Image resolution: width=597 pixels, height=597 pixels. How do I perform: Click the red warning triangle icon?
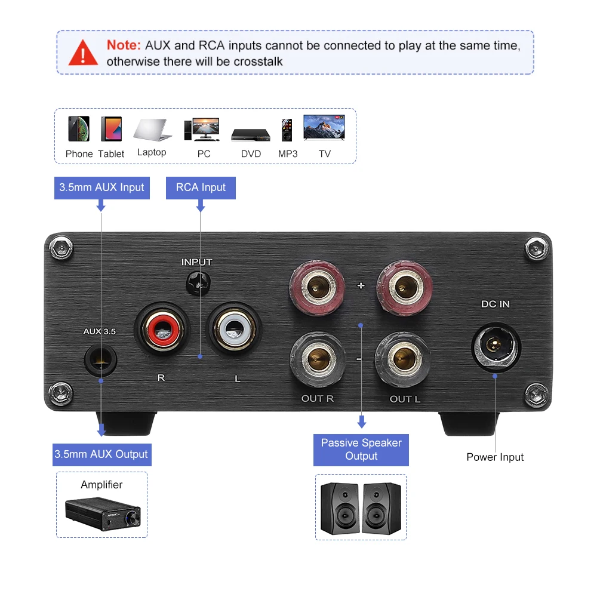coord(83,53)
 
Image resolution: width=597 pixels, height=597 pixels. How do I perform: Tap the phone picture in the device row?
coord(79,128)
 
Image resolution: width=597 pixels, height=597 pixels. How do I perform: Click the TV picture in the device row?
coord(324,128)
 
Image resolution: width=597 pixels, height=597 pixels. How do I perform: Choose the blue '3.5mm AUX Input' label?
coord(101,187)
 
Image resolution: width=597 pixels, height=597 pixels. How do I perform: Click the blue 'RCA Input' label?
coord(201,187)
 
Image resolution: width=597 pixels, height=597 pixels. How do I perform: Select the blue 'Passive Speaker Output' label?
coord(361,450)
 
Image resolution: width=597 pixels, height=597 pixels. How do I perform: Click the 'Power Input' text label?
coord(495,457)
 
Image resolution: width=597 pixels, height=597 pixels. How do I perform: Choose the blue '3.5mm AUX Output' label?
coord(101,454)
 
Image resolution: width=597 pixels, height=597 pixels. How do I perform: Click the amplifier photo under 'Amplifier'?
coord(103,514)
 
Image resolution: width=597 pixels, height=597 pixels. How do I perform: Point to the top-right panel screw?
coord(535,247)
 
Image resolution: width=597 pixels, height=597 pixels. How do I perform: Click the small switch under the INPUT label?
coord(196,282)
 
